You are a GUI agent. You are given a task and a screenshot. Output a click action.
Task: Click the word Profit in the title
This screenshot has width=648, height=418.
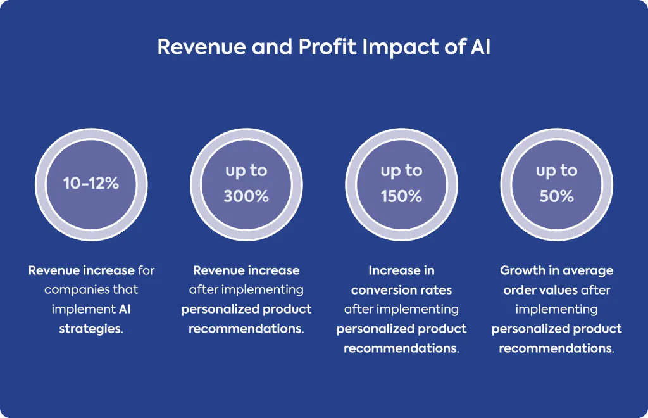point(327,47)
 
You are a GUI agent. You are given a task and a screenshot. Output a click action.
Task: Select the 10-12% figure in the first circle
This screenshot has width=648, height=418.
point(91,183)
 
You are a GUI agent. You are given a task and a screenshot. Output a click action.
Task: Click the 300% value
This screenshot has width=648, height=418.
point(246,196)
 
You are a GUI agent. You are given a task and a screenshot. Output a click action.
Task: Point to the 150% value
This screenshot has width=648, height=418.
point(401,196)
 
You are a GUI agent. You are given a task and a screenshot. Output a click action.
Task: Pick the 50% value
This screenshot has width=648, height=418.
point(556,196)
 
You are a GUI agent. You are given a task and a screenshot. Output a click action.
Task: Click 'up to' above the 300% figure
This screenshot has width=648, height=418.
point(246,171)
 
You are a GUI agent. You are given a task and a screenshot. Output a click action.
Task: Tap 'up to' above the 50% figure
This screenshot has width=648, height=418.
point(556,171)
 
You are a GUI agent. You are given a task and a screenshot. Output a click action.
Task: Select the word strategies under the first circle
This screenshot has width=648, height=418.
point(90,329)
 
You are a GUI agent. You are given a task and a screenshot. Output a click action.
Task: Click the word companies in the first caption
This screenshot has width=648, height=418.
point(72,290)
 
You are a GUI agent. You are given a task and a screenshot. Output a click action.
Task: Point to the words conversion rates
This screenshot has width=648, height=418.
point(401,290)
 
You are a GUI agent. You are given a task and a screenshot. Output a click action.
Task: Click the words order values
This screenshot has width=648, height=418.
point(540,290)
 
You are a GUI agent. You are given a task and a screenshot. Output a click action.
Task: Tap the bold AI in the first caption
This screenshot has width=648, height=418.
point(125,309)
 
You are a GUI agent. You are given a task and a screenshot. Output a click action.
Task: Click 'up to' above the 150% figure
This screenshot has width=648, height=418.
point(401,171)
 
